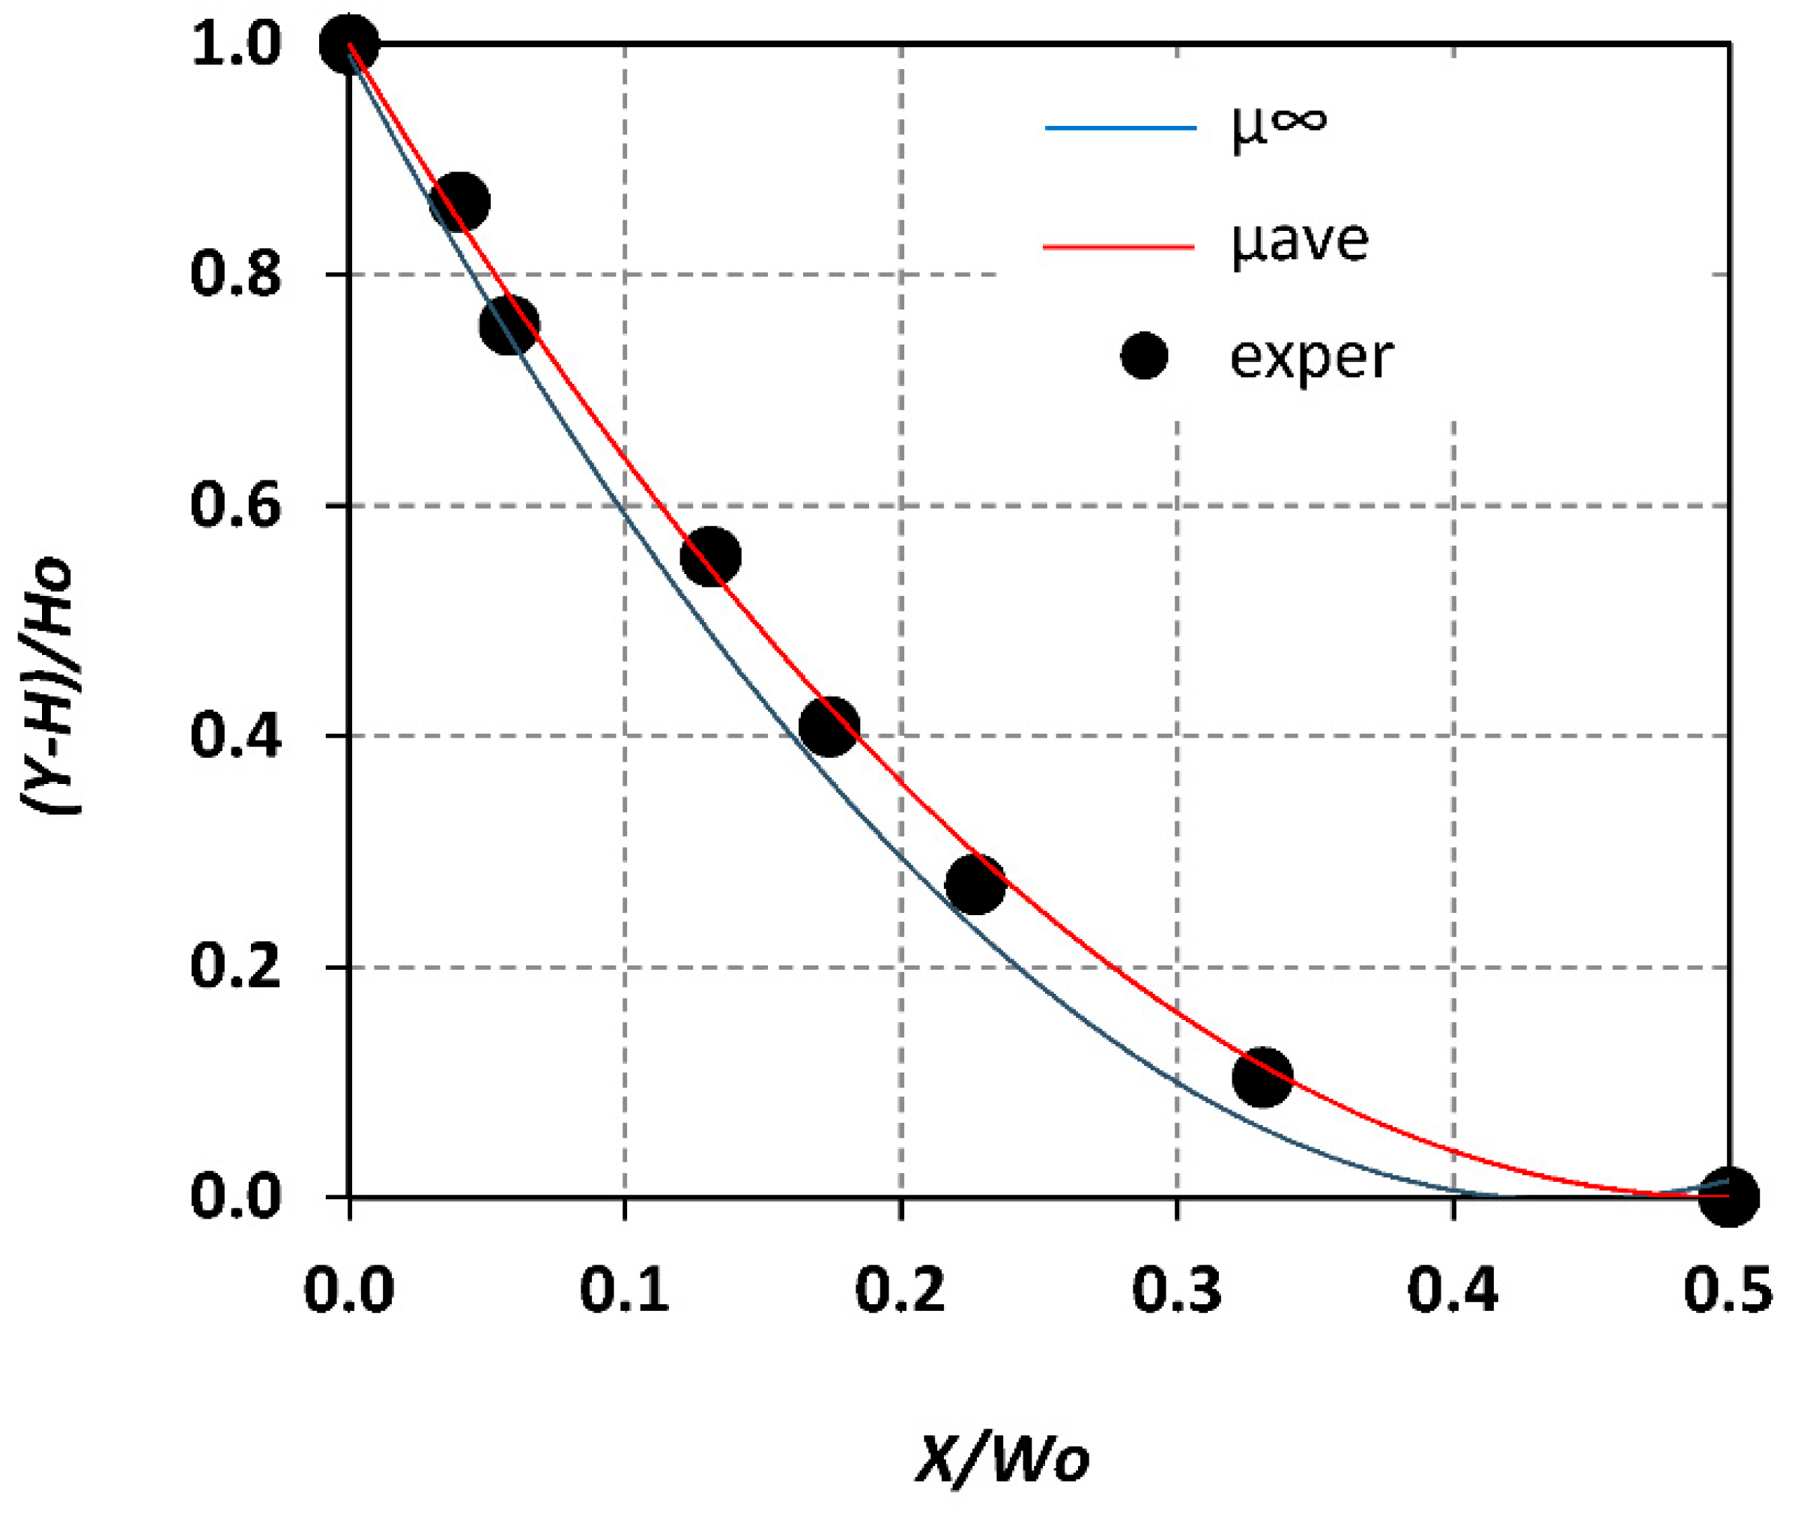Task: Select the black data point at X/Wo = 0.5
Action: [1729, 1195]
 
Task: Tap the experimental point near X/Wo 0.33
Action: [1262, 1076]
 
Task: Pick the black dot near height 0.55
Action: [710, 556]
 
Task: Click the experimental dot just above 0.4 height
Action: [828, 726]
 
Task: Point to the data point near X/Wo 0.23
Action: [975, 883]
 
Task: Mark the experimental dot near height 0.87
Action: [460, 202]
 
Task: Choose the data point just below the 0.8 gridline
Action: [509, 325]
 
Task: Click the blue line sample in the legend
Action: [1120, 129]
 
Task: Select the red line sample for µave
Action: [1120, 247]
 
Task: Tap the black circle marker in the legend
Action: [1144, 355]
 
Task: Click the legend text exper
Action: [1310, 359]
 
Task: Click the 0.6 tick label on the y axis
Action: [235, 504]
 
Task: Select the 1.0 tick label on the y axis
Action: [235, 45]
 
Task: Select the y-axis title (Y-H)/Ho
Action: [49, 687]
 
